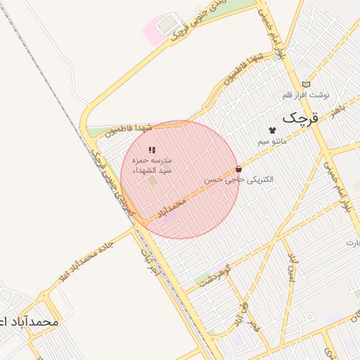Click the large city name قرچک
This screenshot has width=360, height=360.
[300, 118]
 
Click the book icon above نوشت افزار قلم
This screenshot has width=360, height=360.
[305, 84]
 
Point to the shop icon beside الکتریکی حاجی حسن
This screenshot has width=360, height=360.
[239, 169]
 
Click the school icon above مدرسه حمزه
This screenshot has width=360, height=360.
[152, 150]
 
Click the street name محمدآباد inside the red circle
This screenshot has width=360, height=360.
[172, 208]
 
